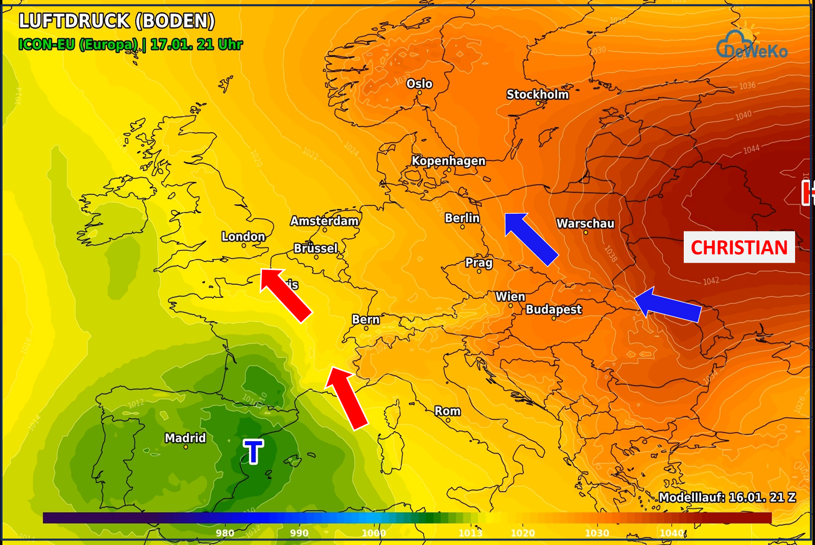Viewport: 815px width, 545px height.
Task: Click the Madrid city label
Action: coord(185,438)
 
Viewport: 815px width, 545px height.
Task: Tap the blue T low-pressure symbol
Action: coord(253,452)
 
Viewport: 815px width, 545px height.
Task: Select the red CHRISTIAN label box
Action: coord(739,247)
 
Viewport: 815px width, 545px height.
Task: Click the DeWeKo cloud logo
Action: coord(751,46)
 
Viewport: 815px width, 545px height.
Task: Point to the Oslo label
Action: coord(419,84)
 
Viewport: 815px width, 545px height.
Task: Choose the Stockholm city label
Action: coord(537,95)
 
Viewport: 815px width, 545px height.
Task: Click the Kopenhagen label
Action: coord(448,161)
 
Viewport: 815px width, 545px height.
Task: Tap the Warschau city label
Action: coord(585,224)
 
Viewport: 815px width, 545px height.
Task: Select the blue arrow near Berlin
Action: coord(531,239)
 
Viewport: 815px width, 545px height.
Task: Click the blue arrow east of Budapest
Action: coord(667,305)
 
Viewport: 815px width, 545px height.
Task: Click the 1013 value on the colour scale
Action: coord(470,533)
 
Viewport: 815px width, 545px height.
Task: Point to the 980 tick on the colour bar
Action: coord(225,533)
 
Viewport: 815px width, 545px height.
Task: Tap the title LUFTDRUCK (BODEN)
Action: coord(116,21)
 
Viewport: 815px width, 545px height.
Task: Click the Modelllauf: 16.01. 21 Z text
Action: coord(727,497)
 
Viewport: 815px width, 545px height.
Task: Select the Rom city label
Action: coord(447,412)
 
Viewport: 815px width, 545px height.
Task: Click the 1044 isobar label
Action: coord(751,150)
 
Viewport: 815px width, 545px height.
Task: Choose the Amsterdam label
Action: coord(325,221)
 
